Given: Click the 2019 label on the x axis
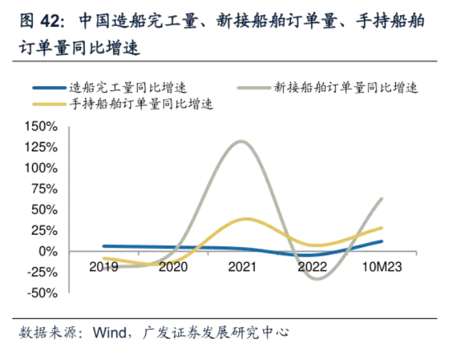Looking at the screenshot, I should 104,266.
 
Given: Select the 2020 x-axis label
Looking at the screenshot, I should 173,266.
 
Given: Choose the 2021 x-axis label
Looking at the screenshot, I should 242,266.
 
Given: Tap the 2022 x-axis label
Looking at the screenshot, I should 312,266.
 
